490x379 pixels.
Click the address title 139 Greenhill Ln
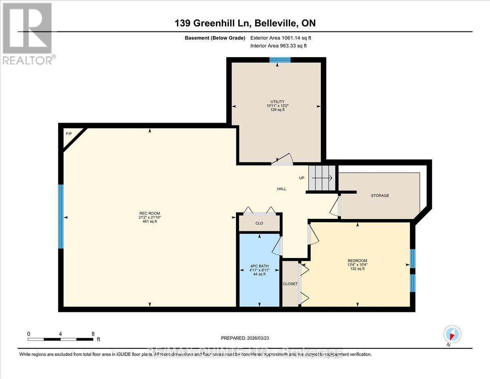pyautogui.click(x=245, y=23)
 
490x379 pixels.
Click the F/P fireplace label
pyautogui.click(x=68, y=134)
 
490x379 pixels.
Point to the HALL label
pyautogui.click(x=281, y=189)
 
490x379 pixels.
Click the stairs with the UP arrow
pyautogui.click(x=322, y=178)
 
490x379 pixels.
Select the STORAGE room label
pyautogui.click(x=380, y=195)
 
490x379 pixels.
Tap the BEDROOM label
pyautogui.click(x=357, y=261)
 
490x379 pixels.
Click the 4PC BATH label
pyautogui.click(x=259, y=266)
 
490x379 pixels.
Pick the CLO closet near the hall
pyautogui.click(x=259, y=223)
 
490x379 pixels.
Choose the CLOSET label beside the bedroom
pyautogui.click(x=290, y=284)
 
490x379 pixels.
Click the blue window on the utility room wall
pyautogui.click(x=280, y=60)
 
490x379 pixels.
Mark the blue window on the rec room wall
pyautogui.click(x=61, y=216)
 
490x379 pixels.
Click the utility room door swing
pyautogui.click(x=283, y=159)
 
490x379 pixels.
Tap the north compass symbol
pyautogui.click(x=452, y=334)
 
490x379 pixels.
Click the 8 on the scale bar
pyautogui.click(x=93, y=334)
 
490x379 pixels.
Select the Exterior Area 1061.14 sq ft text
pyautogui.click(x=283, y=38)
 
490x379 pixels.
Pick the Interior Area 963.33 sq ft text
pyautogui.click(x=278, y=46)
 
